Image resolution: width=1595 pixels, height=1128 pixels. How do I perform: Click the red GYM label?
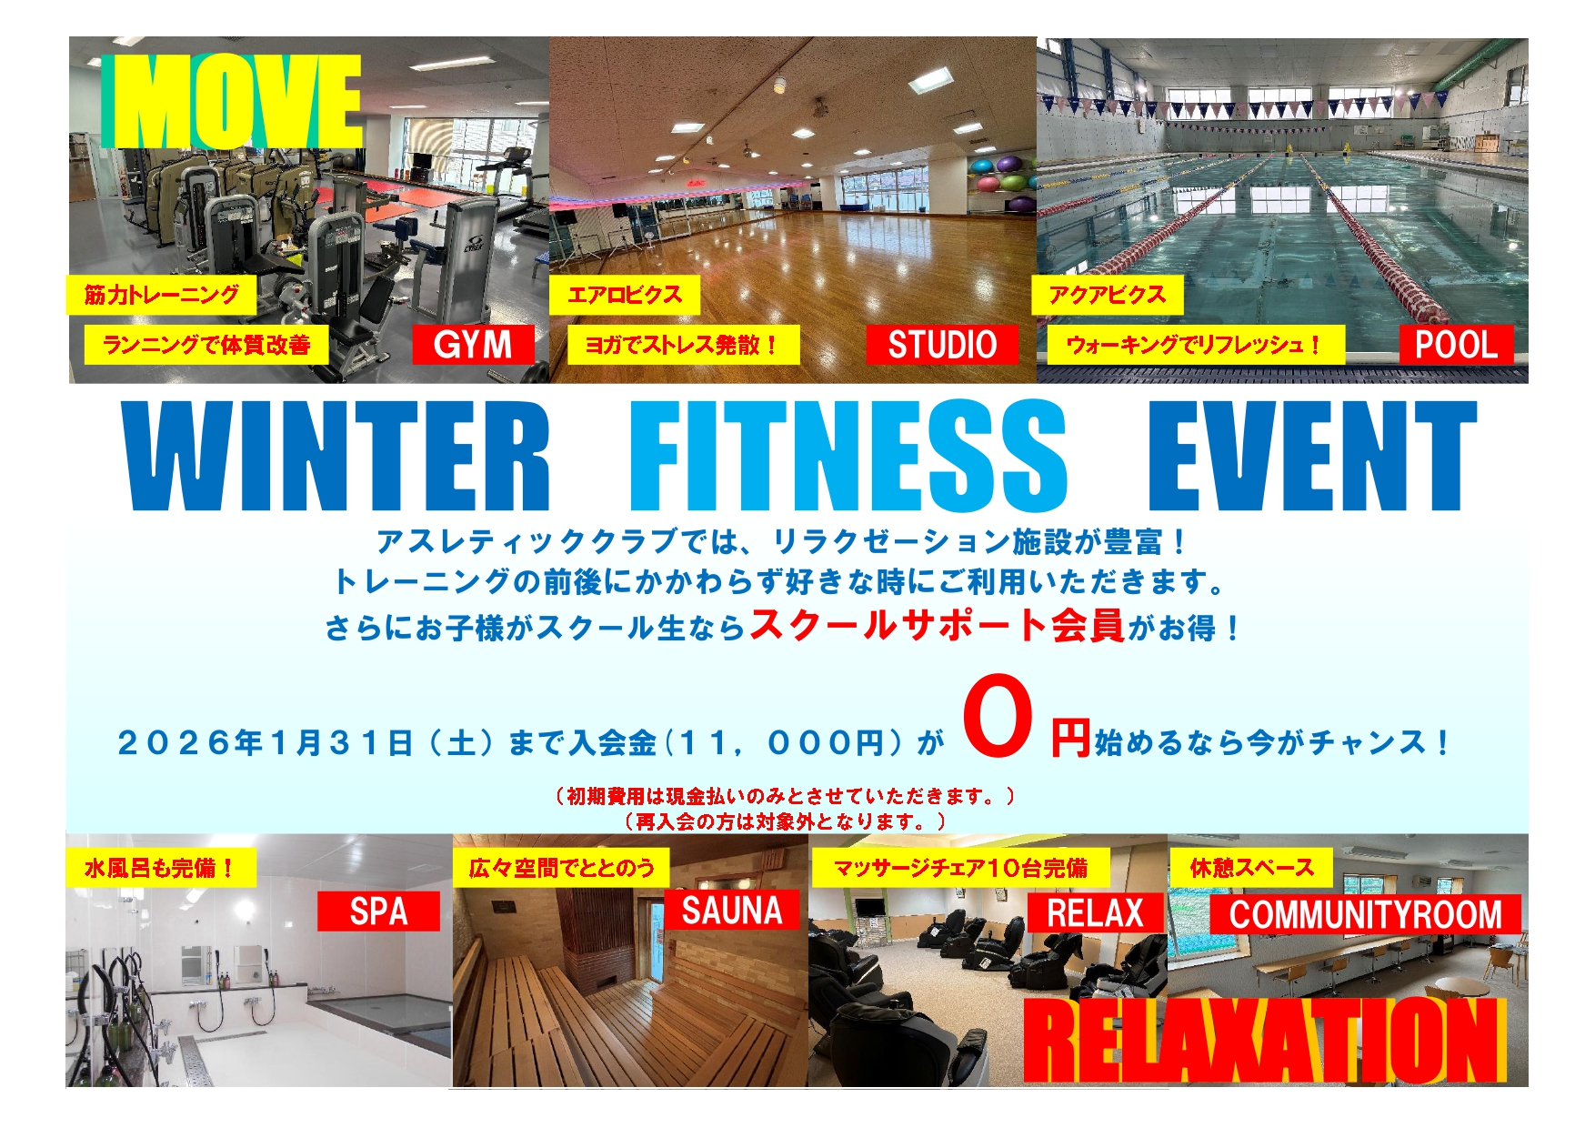click(473, 345)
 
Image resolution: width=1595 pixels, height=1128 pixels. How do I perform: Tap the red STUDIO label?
click(942, 345)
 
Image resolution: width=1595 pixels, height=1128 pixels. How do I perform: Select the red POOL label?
click(1456, 345)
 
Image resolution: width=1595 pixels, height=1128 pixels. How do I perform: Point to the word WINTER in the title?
click(338, 456)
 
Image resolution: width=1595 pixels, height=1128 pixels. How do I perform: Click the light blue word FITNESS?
click(848, 456)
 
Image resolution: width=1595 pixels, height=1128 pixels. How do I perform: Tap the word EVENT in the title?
click(1312, 456)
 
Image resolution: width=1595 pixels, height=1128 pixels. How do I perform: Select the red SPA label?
click(378, 911)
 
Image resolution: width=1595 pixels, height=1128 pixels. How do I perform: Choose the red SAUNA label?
click(732, 911)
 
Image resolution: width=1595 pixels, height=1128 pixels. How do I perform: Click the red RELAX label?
click(1095, 912)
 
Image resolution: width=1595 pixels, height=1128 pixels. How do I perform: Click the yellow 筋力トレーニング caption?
click(162, 295)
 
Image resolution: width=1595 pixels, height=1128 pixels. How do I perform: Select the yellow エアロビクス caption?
click(624, 295)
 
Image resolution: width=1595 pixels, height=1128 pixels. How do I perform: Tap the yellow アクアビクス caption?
click(1107, 295)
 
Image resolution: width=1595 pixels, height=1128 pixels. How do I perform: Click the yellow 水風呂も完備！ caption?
click(161, 868)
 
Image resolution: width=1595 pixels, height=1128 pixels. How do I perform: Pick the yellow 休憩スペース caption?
click(1252, 868)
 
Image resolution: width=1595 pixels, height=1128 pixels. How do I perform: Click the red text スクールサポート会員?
click(938, 625)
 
